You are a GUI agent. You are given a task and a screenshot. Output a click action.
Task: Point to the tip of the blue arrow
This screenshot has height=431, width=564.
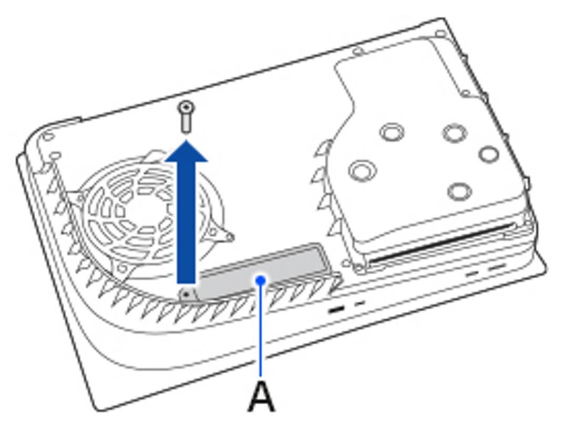click(186, 141)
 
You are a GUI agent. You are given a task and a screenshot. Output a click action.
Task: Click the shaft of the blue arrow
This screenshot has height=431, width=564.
click(186, 222)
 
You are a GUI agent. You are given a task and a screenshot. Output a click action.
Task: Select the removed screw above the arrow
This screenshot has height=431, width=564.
click(186, 117)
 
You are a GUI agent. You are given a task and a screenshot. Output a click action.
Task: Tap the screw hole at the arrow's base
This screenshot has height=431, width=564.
click(186, 295)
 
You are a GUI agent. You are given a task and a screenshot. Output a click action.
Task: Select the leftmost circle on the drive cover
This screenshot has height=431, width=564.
click(363, 170)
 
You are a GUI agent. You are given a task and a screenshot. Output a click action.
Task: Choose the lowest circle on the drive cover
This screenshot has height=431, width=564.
click(460, 191)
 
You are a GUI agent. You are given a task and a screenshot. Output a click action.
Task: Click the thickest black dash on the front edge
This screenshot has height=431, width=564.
click(337, 309)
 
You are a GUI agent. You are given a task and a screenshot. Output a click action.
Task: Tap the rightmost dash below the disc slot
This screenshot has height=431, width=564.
click(496, 267)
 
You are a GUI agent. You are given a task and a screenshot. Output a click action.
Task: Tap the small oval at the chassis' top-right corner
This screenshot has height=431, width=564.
click(441, 34)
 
